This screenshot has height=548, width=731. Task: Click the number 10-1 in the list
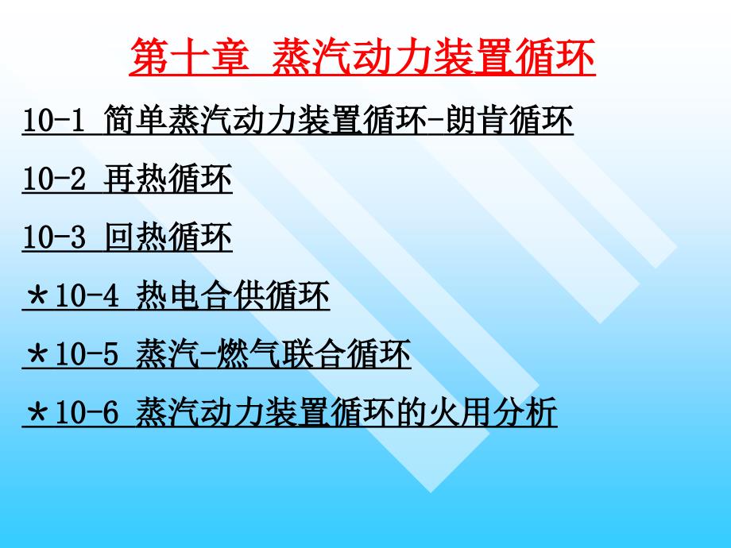(53, 123)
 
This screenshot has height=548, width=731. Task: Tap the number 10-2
(53, 180)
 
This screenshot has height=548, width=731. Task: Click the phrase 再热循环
(168, 180)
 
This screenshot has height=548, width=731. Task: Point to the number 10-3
(53, 238)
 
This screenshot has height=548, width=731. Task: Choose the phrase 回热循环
(168, 238)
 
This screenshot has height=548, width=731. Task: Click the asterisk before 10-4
(37, 298)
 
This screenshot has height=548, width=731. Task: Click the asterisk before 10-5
(37, 356)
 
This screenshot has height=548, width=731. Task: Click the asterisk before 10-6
(37, 414)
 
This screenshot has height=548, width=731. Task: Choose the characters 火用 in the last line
(460, 414)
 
